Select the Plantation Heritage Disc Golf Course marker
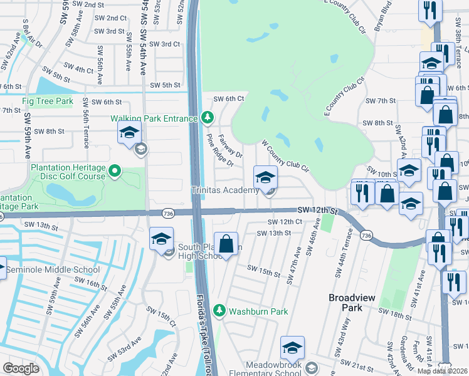coord(114,170)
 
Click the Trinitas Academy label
coord(224,190)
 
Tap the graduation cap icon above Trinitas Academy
coord(265,177)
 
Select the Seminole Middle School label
coord(53,270)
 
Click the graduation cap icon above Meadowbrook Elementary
coord(292,348)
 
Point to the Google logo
coord(21,368)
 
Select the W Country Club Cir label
coord(285,157)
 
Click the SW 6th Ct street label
coord(228,98)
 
